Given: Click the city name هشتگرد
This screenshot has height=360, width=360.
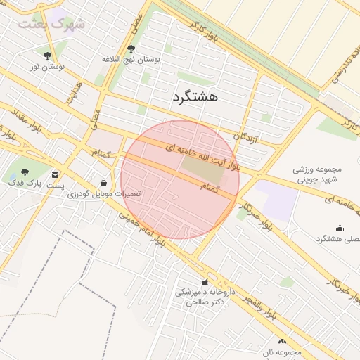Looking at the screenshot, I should (195, 97).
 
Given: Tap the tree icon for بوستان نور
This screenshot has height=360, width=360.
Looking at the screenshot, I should (47, 55).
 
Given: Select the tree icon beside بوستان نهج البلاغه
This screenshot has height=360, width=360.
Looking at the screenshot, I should (131, 49).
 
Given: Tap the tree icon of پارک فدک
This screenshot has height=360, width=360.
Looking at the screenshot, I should (25, 172).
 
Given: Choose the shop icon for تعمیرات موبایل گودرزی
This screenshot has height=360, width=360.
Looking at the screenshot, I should (104, 182).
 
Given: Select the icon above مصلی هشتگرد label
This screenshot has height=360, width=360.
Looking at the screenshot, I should (340, 227).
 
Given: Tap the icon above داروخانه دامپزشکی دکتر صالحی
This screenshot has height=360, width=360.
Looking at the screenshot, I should (205, 282).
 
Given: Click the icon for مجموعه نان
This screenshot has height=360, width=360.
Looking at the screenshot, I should (282, 341).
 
